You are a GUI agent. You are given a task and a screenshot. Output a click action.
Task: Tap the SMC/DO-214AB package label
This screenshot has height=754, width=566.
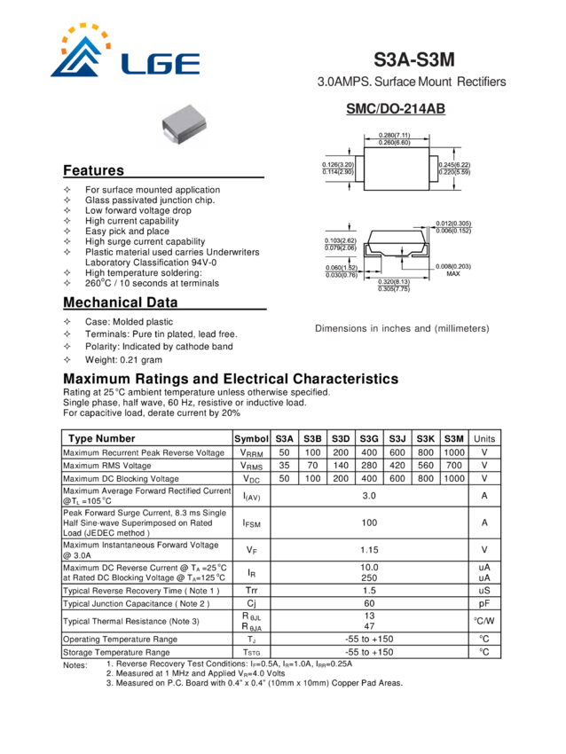(x=396, y=109)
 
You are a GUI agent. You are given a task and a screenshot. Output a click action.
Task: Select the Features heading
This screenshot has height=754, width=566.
(x=93, y=170)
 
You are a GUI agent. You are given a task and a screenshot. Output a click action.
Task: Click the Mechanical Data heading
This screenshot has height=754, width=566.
(x=121, y=303)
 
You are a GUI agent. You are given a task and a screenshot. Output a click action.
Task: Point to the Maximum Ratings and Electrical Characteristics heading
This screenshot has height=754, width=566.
(x=231, y=379)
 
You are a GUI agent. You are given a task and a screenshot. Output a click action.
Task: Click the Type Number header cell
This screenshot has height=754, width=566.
(x=102, y=438)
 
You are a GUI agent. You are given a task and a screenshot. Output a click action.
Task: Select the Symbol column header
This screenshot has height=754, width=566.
(x=252, y=438)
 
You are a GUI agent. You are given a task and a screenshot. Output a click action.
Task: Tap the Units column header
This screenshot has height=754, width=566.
(x=484, y=438)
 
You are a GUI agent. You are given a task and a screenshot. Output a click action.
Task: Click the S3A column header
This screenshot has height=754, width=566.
(x=285, y=438)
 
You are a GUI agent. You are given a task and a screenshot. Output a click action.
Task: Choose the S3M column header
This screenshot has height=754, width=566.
(x=454, y=438)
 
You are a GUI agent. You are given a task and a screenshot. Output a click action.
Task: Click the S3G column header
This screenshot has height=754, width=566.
(x=369, y=438)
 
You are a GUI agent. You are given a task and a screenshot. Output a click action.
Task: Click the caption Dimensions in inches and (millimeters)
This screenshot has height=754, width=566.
(x=402, y=328)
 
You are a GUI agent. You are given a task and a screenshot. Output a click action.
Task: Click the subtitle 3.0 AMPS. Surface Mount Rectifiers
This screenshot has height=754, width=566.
(x=413, y=82)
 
